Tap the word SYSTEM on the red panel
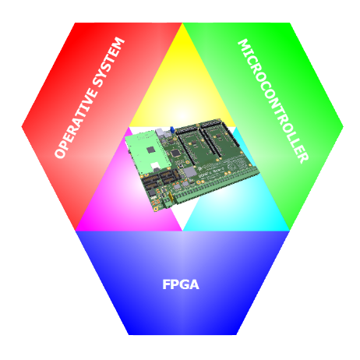pyautogui.click(x=109, y=63)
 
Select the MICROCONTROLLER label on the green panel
pyautogui.click(x=274, y=101)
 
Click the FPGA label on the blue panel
pyautogui.click(x=181, y=284)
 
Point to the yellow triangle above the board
pyautogui.click(x=182, y=86)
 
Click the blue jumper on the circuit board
pyautogui.click(x=171, y=129)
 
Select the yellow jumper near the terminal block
pyautogui.click(x=170, y=197)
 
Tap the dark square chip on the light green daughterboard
pyautogui.click(x=150, y=150)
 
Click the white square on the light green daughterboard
pyautogui.click(x=155, y=166)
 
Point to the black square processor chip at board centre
pyautogui.click(x=175, y=153)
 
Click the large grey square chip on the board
pyautogui.click(x=190, y=172)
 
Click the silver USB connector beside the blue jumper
pyautogui.click(x=162, y=133)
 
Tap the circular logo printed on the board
pyautogui.click(x=231, y=166)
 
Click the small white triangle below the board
pyautogui.click(x=182, y=218)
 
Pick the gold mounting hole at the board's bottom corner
pyautogui.click(x=155, y=209)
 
